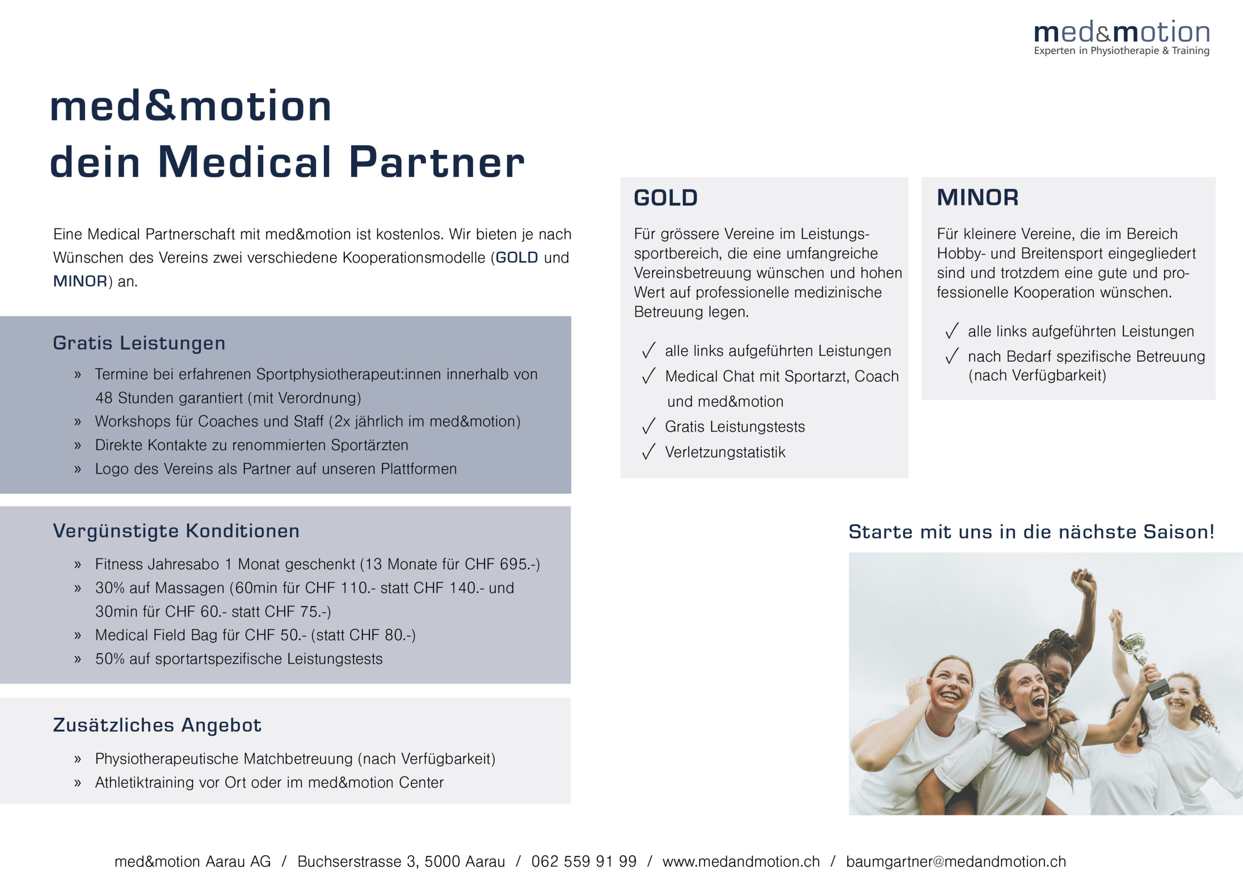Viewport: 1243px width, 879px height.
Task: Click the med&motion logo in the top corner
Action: pos(1121,38)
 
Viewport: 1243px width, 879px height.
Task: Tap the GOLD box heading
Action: pos(665,198)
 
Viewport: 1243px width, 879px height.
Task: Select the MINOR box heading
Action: pos(977,197)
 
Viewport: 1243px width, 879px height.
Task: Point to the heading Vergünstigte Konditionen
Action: pos(176,531)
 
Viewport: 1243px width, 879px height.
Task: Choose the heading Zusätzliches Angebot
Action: pos(157,725)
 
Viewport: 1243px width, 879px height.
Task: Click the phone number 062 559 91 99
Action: pos(584,861)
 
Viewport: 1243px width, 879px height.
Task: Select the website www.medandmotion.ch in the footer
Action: pos(741,861)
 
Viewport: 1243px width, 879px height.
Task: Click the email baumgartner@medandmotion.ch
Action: pos(956,861)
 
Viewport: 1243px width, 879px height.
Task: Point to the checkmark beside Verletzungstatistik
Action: pos(649,451)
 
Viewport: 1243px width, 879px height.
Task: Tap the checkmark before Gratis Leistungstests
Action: pos(649,426)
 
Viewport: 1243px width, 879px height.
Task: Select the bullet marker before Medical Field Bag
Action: pos(77,635)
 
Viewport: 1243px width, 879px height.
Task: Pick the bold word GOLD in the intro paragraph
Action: pos(517,258)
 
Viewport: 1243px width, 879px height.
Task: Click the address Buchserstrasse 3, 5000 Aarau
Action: pos(401,861)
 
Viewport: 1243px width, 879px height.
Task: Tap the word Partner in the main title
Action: pos(437,162)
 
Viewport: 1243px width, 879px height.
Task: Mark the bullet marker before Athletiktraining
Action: pos(77,782)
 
